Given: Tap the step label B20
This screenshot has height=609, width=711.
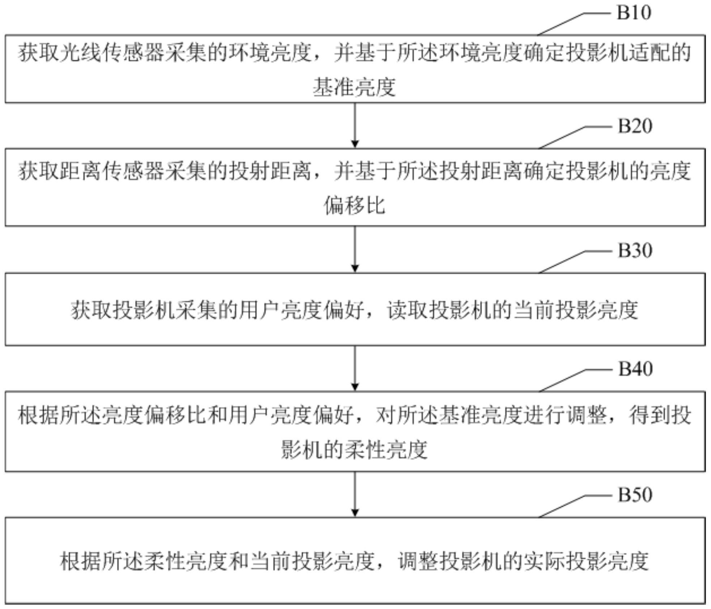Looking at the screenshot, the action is [635, 126].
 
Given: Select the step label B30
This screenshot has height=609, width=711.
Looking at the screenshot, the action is [635, 250].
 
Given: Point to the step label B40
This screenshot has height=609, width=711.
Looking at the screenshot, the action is [635, 369].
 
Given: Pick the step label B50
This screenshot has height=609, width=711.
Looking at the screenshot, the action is [635, 494].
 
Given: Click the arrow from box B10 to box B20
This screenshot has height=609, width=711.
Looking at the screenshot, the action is [355, 126].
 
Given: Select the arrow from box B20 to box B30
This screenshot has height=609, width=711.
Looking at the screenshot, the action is [355, 249].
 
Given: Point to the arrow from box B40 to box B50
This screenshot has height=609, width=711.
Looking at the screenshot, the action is [355, 494].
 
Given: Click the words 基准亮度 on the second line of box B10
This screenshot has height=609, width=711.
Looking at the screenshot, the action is [355, 87].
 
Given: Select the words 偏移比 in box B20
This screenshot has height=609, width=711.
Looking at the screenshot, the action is [355, 205].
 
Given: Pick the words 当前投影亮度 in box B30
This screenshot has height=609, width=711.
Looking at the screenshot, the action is [576, 310].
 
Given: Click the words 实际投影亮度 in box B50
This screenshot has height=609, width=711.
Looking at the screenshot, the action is [586, 561].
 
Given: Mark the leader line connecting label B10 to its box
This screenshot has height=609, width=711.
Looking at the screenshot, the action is [574, 24].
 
